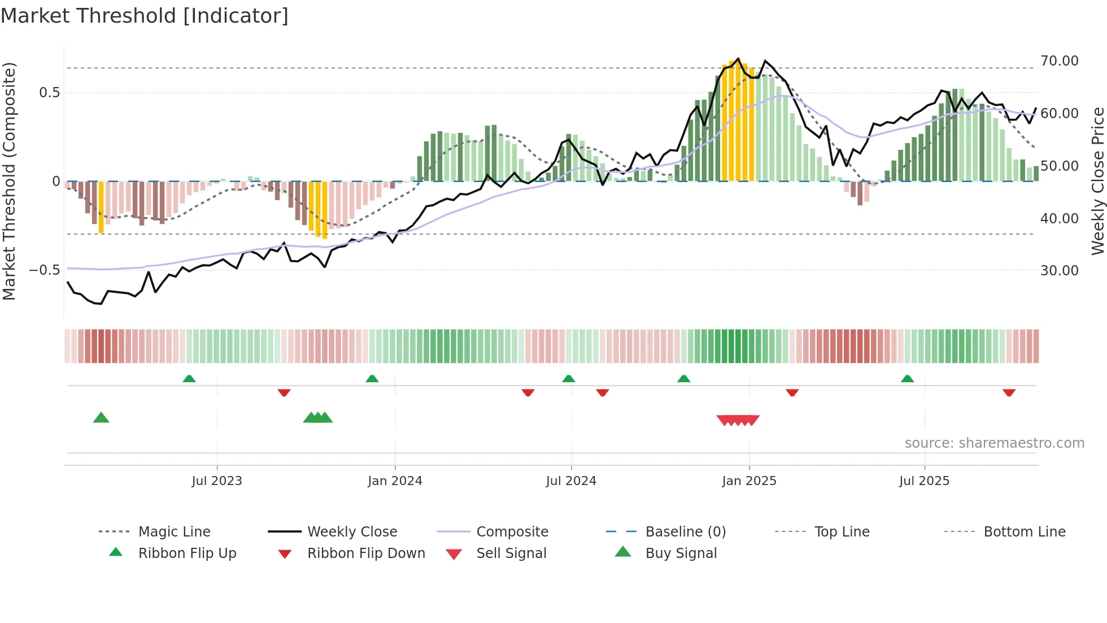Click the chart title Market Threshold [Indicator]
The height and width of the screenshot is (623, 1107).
145,16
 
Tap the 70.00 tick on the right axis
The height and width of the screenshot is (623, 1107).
1059,61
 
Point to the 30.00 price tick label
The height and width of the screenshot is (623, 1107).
1059,271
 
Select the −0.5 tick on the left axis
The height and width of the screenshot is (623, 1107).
45,270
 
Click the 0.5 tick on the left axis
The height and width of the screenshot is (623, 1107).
49,93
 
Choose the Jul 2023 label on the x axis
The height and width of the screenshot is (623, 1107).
217,481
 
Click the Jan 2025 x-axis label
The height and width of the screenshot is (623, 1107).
749,481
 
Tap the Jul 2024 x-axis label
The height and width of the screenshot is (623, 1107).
571,481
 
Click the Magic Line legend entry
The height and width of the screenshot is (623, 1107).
174,532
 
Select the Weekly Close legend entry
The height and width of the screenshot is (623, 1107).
352,532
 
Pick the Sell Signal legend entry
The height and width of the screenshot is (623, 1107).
511,553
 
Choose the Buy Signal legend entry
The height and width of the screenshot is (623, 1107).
681,553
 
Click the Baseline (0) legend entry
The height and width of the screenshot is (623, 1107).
685,532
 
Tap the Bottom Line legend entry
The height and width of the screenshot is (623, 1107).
1024,532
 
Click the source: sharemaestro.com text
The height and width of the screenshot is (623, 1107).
994,443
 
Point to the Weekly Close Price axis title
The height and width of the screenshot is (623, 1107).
1097,181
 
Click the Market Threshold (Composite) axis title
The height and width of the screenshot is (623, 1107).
9,181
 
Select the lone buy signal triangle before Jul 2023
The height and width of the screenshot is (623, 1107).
101,418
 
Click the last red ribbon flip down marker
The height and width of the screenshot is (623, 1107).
1009,392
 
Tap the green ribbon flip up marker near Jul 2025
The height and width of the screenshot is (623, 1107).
907,379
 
